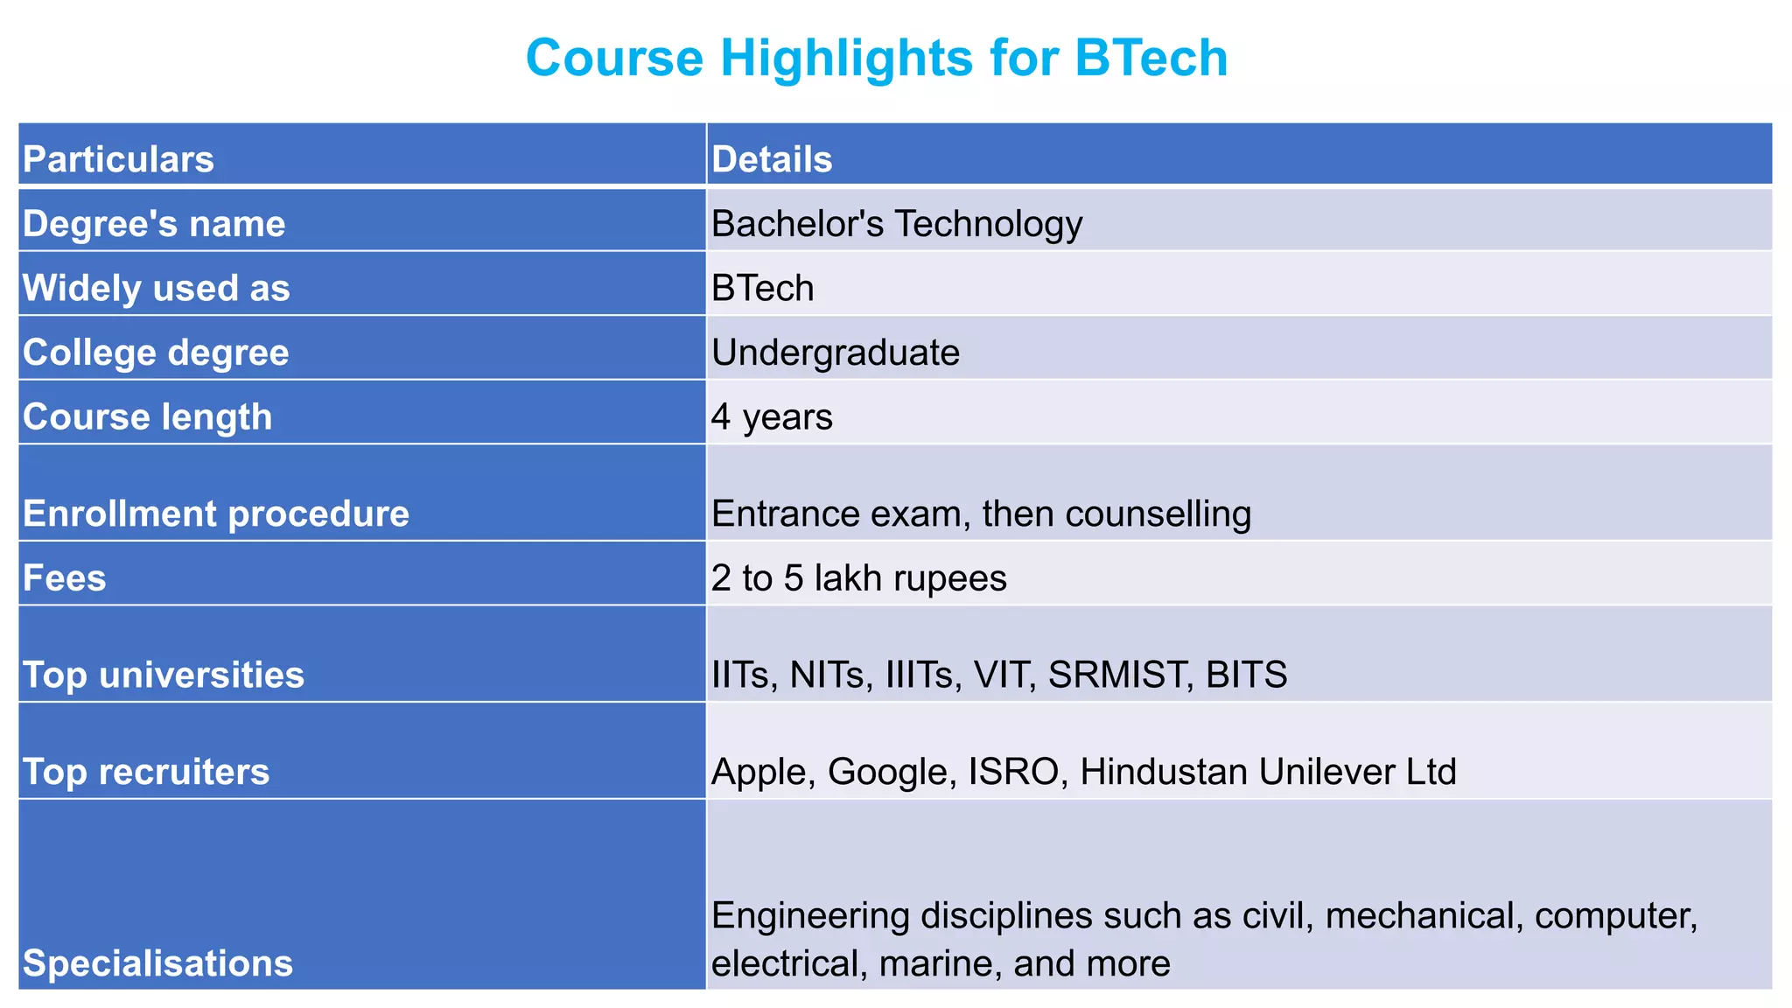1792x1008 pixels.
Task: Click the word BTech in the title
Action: [1151, 59]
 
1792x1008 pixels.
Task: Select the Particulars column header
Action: [118, 159]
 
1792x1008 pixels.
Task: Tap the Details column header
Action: [772, 159]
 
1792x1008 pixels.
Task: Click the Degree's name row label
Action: [154, 224]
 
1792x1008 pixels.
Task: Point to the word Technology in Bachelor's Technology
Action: [989, 224]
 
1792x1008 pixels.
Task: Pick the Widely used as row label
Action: [156, 289]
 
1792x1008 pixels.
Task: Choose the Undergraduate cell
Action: [836, 353]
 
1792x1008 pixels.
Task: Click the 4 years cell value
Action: [772, 417]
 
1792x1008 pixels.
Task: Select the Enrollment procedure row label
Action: [215, 514]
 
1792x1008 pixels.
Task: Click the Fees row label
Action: [64, 578]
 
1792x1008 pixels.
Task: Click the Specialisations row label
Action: [157, 963]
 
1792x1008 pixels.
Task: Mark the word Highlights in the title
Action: [847, 59]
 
